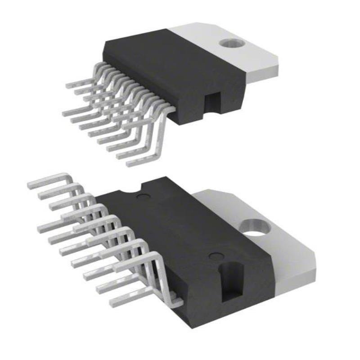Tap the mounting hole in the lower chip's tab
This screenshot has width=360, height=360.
click(x=255, y=227)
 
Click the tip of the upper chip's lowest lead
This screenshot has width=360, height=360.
click(x=128, y=162)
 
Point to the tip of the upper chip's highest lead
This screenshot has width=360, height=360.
click(x=67, y=85)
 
